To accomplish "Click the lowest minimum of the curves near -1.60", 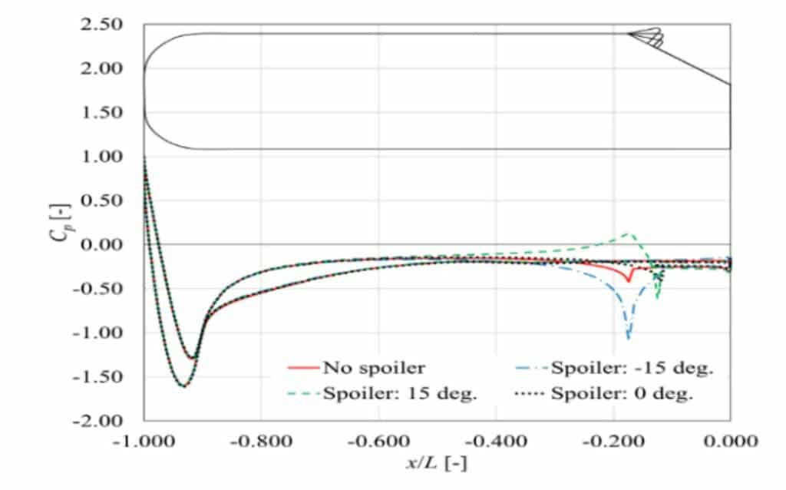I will [x=184, y=386].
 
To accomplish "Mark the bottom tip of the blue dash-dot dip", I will [x=629, y=337].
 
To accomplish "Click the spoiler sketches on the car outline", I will [x=646, y=38].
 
